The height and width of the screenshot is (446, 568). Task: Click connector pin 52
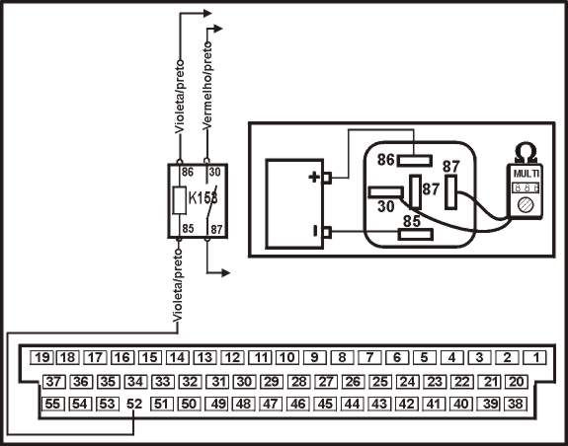[134, 404]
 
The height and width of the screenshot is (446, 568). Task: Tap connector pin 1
[532, 357]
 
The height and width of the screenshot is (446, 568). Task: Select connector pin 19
[41, 357]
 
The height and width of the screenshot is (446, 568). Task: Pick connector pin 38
[515, 404]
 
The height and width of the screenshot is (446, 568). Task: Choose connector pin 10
[286, 357]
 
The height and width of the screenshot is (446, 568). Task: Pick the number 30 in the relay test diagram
[386, 207]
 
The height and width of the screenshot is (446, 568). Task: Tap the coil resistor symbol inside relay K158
[179, 202]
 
